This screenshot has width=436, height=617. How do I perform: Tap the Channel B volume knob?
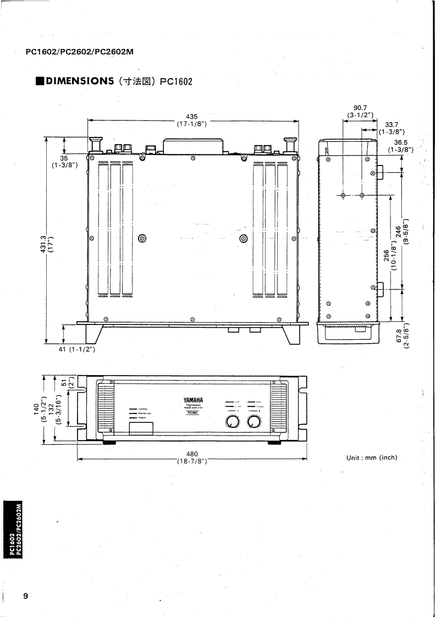pos(253,422)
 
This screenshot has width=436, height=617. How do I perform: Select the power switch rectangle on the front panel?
pos(141,428)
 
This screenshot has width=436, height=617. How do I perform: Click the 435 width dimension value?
pos(192,116)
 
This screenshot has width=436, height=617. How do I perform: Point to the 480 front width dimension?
pos(192,454)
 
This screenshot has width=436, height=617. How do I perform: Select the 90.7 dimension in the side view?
pos(361,108)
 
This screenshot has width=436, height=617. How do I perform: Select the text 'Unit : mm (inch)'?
pos(371,458)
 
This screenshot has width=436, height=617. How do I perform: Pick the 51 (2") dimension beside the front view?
pos(64,383)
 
